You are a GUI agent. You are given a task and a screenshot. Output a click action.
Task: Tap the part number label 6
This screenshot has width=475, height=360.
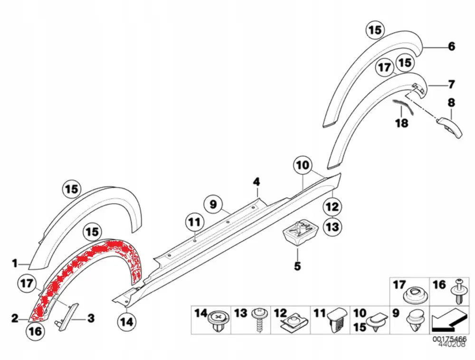click(451, 47)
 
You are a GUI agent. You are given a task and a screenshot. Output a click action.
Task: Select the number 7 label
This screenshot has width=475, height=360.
click(451, 85)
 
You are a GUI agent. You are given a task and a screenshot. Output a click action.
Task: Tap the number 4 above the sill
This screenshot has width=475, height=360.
click(256, 182)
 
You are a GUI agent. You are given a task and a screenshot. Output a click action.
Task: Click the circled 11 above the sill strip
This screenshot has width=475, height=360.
click(194, 222)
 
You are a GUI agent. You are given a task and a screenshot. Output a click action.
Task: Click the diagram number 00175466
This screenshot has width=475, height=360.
click(449, 339)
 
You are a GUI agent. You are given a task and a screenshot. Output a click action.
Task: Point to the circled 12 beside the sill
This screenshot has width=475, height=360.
click(332, 207)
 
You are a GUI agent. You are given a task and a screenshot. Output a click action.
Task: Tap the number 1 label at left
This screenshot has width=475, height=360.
click(15, 263)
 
